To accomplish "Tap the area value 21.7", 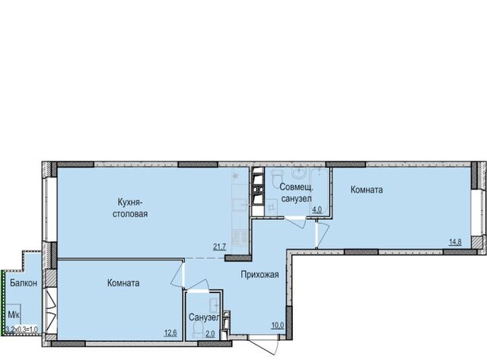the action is tap(219, 247).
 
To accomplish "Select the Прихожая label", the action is tap(260, 275).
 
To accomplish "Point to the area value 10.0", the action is tap(278, 325).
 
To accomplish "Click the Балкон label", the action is tap(24, 283).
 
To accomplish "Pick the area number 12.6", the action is tap(170, 333).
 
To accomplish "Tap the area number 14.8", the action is tap(455, 242).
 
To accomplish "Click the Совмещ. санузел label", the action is tap(295, 193).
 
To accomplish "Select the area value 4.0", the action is tap(317, 209).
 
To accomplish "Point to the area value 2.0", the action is tap(210, 334).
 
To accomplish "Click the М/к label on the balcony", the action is tap(14, 314).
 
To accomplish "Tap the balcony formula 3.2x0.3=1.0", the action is tap(22, 330).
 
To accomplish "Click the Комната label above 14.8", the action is tap(367, 190).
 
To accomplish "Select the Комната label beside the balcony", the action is tap(123, 283).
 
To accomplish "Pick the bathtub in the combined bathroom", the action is tap(320, 192).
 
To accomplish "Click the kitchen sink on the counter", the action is tap(240, 205).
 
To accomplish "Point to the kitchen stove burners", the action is tap(240, 238).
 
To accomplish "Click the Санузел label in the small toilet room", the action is tap(205, 317).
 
